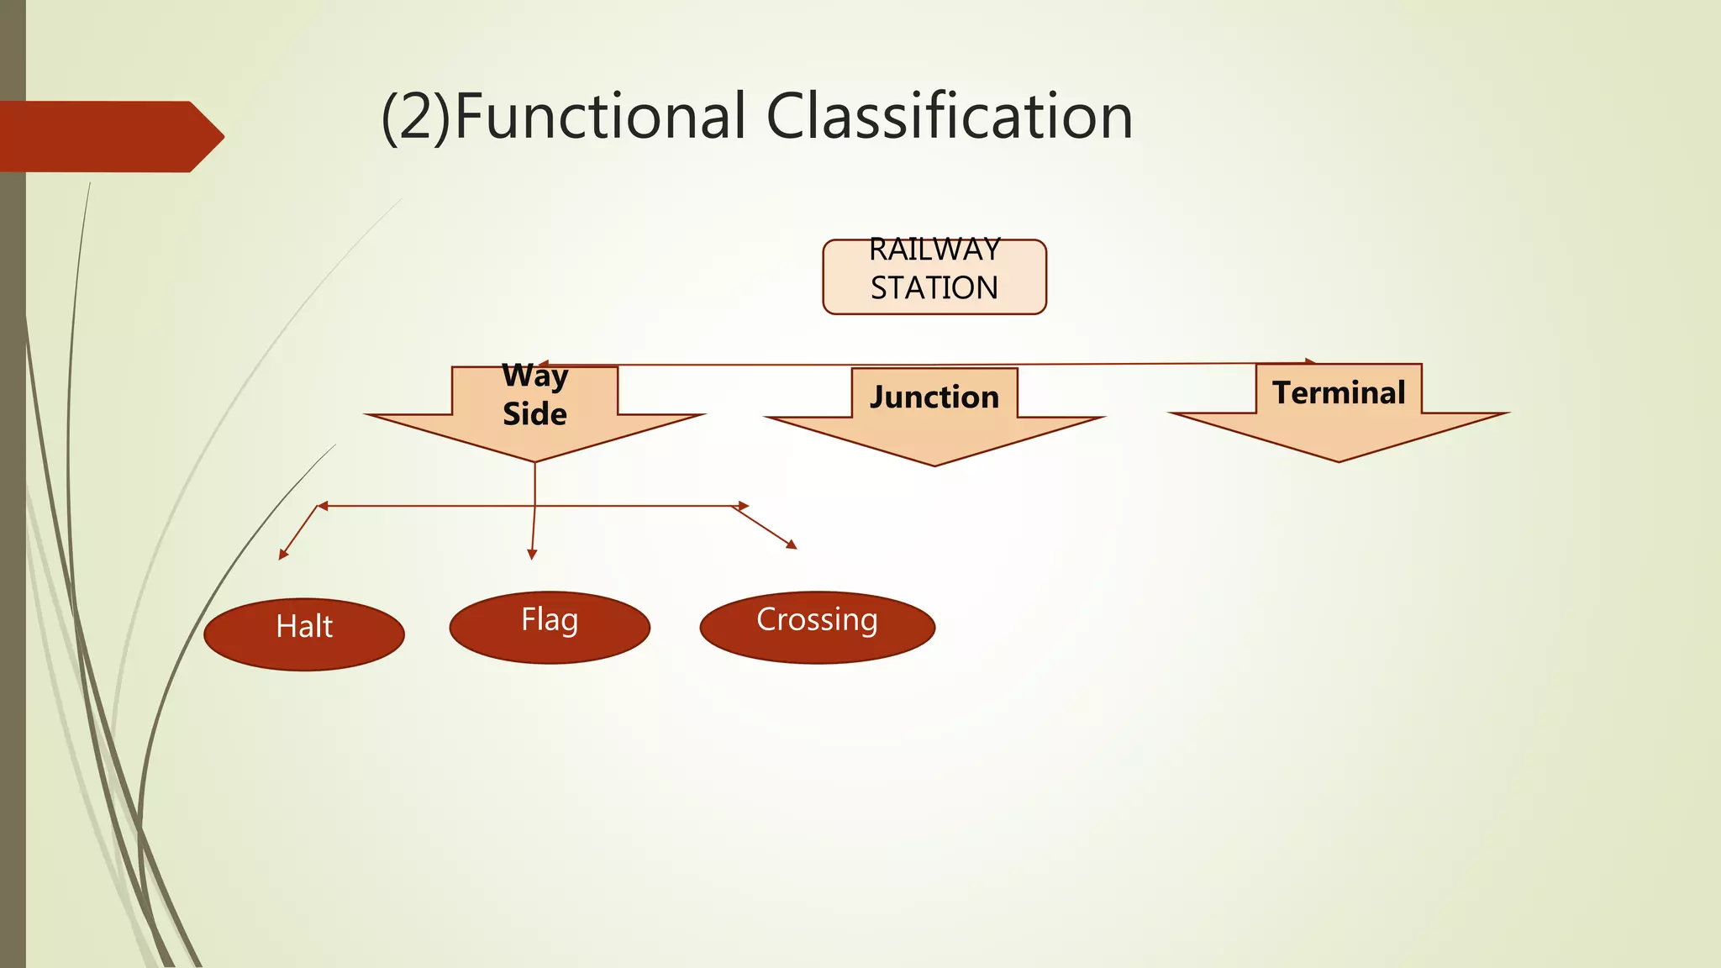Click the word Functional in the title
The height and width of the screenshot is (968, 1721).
(599, 116)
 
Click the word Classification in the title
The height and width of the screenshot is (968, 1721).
(950, 116)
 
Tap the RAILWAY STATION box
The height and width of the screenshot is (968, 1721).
(934, 277)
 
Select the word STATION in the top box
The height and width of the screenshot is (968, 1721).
(934, 288)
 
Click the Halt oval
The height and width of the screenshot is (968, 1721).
(304, 634)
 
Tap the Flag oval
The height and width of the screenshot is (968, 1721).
(550, 628)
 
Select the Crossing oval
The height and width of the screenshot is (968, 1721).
(818, 628)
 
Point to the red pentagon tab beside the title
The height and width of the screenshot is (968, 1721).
(112, 137)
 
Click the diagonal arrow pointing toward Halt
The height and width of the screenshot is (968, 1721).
(298, 533)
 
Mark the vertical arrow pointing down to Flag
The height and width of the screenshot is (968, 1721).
(534, 511)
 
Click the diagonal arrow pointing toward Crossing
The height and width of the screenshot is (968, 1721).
(766, 528)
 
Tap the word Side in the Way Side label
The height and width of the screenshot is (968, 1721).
(534, 413)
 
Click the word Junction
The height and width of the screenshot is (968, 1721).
(934, 397)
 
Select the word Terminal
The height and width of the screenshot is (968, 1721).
(1339, 392)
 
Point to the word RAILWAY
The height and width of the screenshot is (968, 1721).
(934, 250)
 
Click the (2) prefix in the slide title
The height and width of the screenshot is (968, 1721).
(417, 118)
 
